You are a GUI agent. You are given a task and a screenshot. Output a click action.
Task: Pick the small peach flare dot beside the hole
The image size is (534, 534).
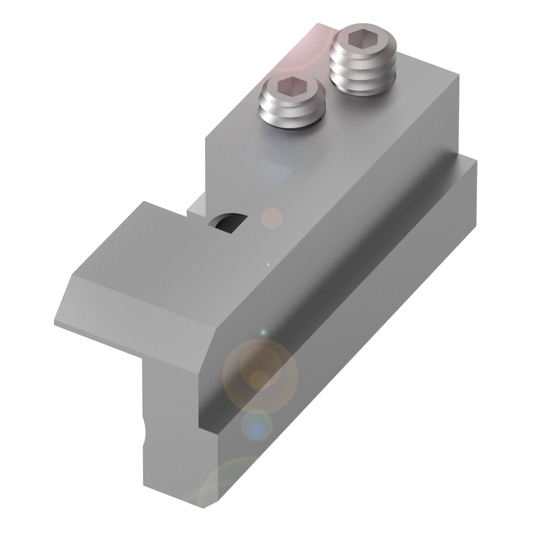272,218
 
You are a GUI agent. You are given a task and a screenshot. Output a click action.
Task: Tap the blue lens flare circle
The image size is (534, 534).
257,426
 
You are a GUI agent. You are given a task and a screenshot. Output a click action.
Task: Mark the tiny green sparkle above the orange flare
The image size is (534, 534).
262,333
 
